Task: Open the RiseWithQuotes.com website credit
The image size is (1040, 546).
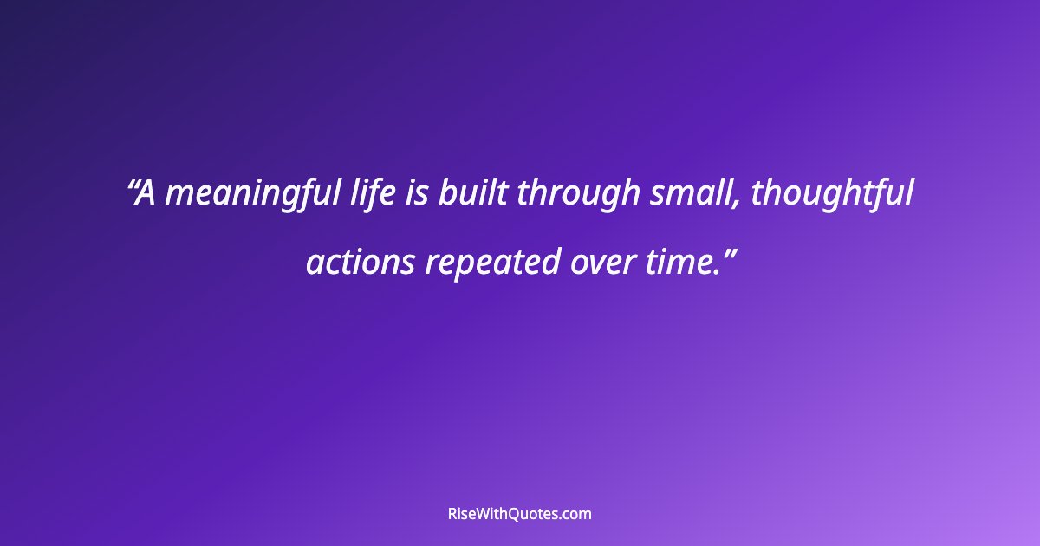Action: tap(519, 514)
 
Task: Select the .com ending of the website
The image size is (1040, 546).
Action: tap(575, 514)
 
